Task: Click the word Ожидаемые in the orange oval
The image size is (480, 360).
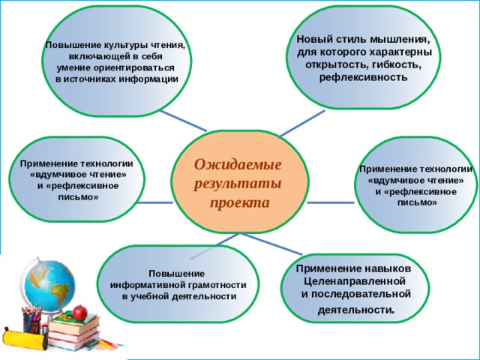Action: coord(238,165)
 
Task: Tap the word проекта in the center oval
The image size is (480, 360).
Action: coord(240,203)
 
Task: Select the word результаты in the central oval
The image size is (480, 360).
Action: coord(238,184)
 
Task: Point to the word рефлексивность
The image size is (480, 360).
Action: coord(363,77)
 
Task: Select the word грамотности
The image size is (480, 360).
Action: coord(217,286)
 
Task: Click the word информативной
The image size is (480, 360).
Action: coord(148,286)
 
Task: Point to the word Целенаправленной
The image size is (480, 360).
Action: coord(355,280)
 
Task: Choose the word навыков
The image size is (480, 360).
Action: coord(388,268)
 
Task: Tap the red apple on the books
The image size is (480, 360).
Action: coord(80,313)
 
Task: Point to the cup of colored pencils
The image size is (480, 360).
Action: coord(31,320)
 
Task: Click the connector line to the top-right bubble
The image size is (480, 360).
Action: coord(301,124)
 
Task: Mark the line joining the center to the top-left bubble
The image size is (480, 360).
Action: coord(183,121)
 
